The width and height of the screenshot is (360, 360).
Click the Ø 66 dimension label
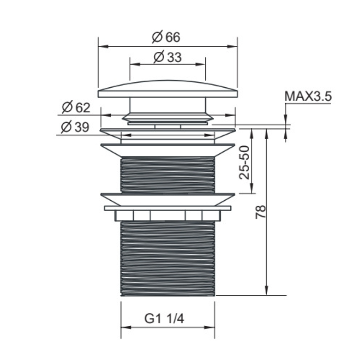click(166, 37)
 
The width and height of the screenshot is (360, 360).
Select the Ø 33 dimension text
click(167, 57)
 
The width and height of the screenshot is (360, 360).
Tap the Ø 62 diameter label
click(76, 107)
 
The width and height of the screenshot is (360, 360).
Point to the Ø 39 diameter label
click(75, 127)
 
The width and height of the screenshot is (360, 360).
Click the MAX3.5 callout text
click(308, 96)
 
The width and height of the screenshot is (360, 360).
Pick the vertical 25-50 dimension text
click(244, 162)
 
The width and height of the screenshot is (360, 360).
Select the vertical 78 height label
click(261, 212)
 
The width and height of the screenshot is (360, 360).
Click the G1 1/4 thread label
click(164, 319)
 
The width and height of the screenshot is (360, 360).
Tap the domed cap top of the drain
click(168, 89)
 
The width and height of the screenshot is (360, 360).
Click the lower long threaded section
click(168, 258)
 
